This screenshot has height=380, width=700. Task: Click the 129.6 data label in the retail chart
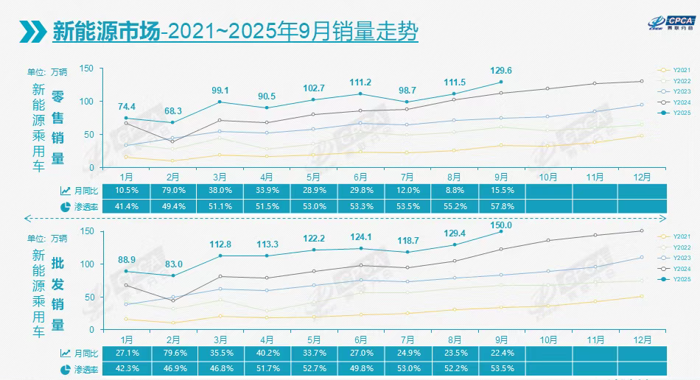[501, 71]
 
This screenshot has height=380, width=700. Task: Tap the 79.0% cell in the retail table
[172, 190]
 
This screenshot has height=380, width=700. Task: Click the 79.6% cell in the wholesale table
[172, 353]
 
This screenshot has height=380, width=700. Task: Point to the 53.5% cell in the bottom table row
[501, 368]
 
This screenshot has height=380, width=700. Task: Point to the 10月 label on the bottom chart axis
[548, 339]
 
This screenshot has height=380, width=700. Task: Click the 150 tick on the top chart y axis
[86, 68]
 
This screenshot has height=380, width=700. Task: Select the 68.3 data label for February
[172, 111]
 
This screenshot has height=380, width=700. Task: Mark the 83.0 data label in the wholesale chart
[172, 264]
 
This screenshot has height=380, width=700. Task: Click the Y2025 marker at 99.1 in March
[220, 102]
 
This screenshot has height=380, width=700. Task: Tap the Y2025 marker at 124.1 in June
[360, 248]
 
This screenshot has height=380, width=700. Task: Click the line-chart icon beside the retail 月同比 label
[66, 191]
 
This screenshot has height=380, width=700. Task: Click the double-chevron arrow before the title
[31, 32]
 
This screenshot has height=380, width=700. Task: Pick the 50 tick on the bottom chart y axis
[89, 297]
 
